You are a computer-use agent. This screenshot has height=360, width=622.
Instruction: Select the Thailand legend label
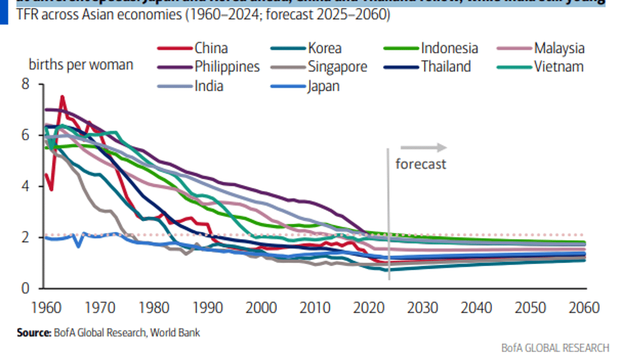click(446, 66)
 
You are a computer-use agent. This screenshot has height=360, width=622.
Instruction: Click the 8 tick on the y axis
click(25, 84)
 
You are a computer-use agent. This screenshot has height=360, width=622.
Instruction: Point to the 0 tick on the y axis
click(25, 288)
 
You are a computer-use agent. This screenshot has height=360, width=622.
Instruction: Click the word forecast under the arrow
click(420, 164)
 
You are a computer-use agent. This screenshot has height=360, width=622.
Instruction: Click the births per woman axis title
click(81, 65)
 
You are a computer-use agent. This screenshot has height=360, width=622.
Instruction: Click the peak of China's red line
click(62, 97)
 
